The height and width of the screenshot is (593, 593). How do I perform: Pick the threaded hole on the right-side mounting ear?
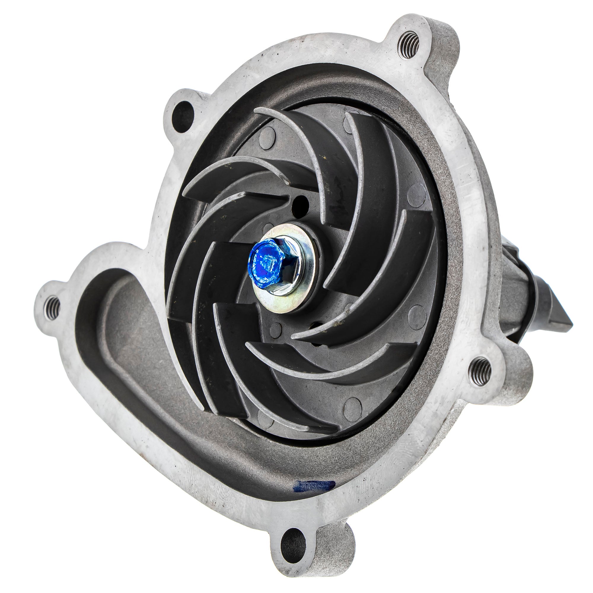tap(481, 372)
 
